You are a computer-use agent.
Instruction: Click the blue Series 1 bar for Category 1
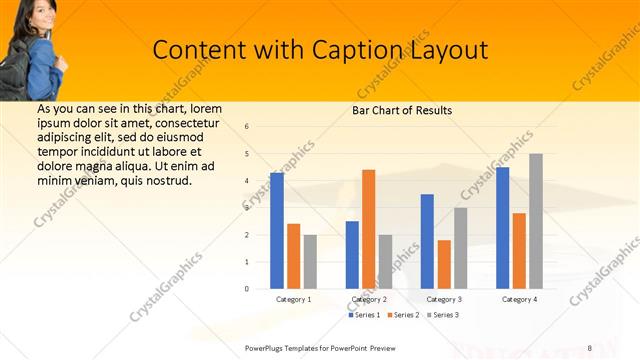click(x=277, y=231)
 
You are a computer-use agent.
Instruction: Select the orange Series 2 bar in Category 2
click(x=369, y=229)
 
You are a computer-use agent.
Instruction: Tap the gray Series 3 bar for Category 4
click(x=536, y=221)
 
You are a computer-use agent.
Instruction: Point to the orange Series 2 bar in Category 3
click(x=444, y=264)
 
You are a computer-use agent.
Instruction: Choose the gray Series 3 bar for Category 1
click(x=310, y=262)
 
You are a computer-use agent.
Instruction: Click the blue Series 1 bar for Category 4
click(x=502, y=228)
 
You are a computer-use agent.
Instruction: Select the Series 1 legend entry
click(x=365, y=315)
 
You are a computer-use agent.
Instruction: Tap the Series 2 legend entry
click(x=403, y=315)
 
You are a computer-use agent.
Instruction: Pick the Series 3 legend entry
click(x=441, y=315)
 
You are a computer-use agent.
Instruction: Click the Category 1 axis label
click(x=294, y=299)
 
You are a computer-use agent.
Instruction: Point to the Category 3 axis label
click(x=444, y=299)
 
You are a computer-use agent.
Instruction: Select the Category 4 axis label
click(x=519, y=299)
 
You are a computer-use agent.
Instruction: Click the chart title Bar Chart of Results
click(x=402, y=110)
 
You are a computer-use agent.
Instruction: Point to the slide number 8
click(x=590, y=347)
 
